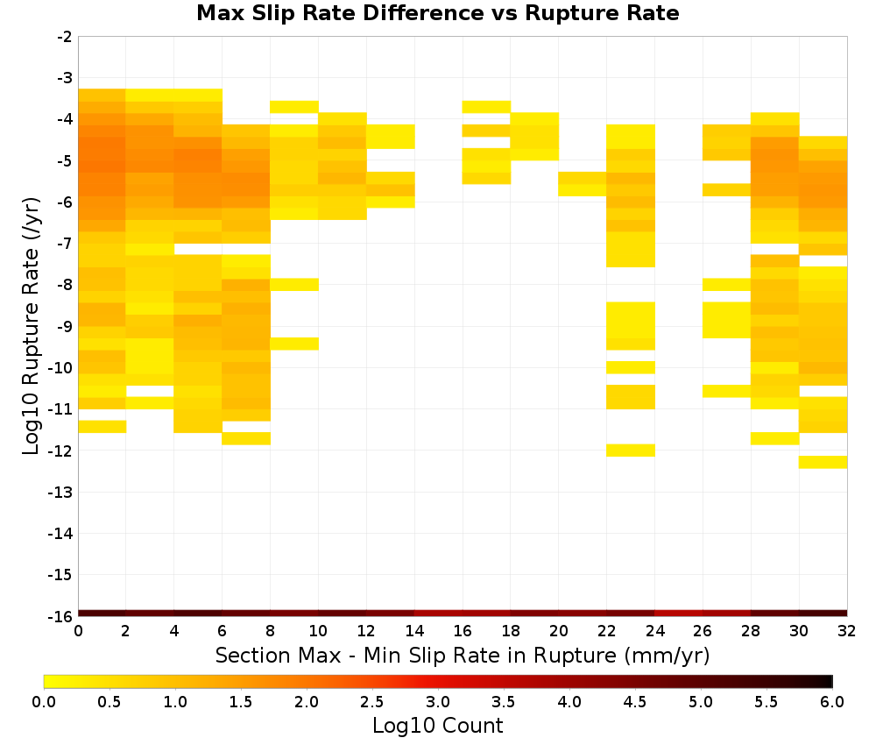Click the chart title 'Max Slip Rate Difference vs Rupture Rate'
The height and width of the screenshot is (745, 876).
click(x=437, y=13)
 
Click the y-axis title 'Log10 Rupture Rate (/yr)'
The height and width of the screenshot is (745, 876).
click(x=31, y=326)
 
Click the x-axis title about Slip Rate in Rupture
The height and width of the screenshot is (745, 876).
click(x=462, y=656)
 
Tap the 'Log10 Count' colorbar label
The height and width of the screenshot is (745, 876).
click(x=437, y=726)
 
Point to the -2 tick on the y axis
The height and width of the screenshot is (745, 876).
click(x=65, y=37)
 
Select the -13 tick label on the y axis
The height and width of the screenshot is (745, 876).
click(x=61, y=493)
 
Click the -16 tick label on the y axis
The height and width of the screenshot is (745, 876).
click(x=61, y=616)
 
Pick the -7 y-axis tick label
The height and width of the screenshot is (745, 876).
click(x=65, y=244)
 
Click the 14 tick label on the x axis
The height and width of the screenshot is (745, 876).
click(x=414, y=631)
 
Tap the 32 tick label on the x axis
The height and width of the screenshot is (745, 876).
click(x=846, y=631)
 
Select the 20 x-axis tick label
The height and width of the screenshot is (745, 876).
click(x=558, y=631)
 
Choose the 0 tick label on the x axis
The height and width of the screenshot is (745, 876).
click(x=78, y=631)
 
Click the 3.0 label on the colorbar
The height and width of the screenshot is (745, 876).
click(x=437, y=702)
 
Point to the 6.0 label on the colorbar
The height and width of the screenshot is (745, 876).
click(x=832, y=702)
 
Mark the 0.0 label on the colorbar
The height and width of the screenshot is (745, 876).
click(x=44, y=702)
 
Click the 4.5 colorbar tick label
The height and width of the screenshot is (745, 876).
click(x=634, y=702)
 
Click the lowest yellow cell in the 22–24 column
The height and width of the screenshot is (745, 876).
click(x=630, y=451)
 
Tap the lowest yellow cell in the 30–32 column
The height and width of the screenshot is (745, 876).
click(x=823, y=462)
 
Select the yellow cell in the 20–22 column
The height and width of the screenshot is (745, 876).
click(x=583, y=184)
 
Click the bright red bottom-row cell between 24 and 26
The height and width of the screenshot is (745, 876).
click(x=678, y=614)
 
